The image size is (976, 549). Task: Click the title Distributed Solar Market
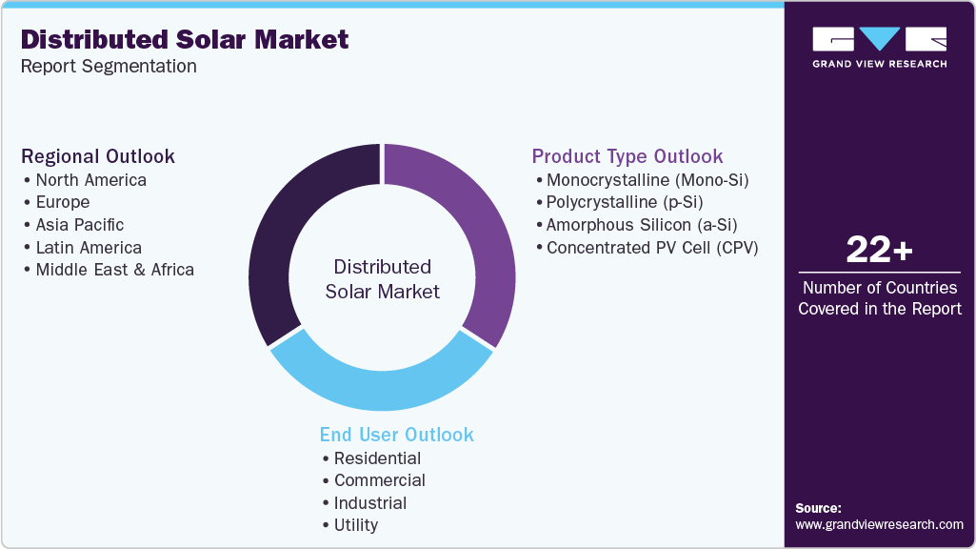[185, 40]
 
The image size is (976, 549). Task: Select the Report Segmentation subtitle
[109, 67]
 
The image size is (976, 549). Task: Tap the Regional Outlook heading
[98, 156]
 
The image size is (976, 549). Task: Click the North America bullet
[90, 180]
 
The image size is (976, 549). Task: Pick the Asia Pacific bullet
[79, 225]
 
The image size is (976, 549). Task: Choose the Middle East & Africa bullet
[114, 270]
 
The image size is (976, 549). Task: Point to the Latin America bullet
[88, 248]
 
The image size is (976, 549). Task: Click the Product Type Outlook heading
[627, 156]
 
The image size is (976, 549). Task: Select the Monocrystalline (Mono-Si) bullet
[653, 180]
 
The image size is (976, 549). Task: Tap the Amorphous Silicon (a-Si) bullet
[641, 225]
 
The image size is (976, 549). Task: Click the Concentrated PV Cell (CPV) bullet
[651, 248]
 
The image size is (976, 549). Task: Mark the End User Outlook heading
[396, 435]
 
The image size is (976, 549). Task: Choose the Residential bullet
[377, 458]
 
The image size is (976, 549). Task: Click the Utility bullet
[355, 525]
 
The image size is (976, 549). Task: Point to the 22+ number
[879, 251]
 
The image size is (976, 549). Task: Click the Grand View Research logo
[879, 47]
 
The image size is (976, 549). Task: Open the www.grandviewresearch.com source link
[879, 524]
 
